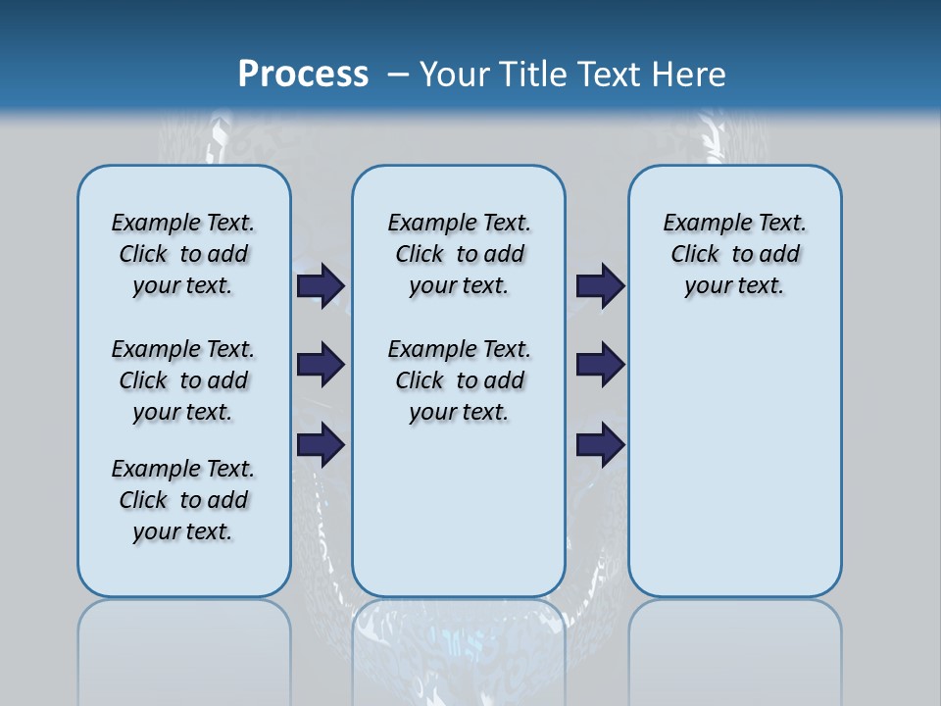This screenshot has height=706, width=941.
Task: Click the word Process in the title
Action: click(303, 74)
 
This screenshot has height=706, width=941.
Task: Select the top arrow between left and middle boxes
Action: click(321, 285)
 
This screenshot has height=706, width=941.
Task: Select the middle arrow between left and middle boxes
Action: click(321, 365)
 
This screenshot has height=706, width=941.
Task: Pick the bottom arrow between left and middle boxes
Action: click(321, 445)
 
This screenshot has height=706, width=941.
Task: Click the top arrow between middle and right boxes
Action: click(600, 285)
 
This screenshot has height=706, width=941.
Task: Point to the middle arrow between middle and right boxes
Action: click(600, 365)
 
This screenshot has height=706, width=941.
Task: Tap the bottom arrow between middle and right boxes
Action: click(600, 445)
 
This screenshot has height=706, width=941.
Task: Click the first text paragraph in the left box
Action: click(183, 254)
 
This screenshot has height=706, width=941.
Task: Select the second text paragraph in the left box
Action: click(183, 380)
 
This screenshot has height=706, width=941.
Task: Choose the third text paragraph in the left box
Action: click(183, 500)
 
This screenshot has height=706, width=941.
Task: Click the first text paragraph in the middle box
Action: click(459, 254)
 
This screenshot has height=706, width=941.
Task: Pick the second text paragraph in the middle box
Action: click(459, 380)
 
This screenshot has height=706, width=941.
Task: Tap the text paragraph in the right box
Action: click(735, 254)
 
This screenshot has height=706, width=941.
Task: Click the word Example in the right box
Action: click(701, 224)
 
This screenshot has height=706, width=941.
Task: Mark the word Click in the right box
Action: click(695, 255)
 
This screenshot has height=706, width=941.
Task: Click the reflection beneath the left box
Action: click(184, 647)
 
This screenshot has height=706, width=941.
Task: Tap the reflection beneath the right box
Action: click(735, 647)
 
